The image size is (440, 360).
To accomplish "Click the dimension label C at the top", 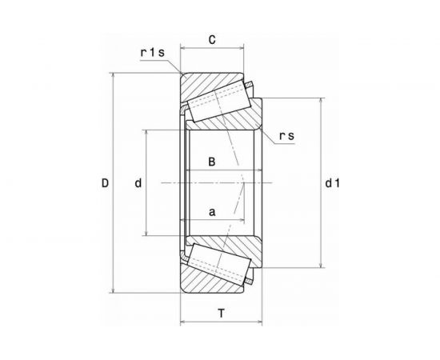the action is click(212, 40).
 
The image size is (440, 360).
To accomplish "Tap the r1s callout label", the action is click(152, 53).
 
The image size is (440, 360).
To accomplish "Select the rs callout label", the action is click(286, 136).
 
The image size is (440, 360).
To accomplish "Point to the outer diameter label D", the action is click(105, 183).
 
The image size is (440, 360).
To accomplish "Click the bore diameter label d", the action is click(138, 183).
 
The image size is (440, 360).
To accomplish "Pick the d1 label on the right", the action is click(332, 183).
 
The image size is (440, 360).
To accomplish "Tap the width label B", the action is click(212, 162).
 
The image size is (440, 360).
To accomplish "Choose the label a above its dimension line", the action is click(212, 212).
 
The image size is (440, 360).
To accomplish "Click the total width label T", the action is click(222, 313).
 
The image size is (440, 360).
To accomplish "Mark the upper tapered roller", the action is click(218, 101).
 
